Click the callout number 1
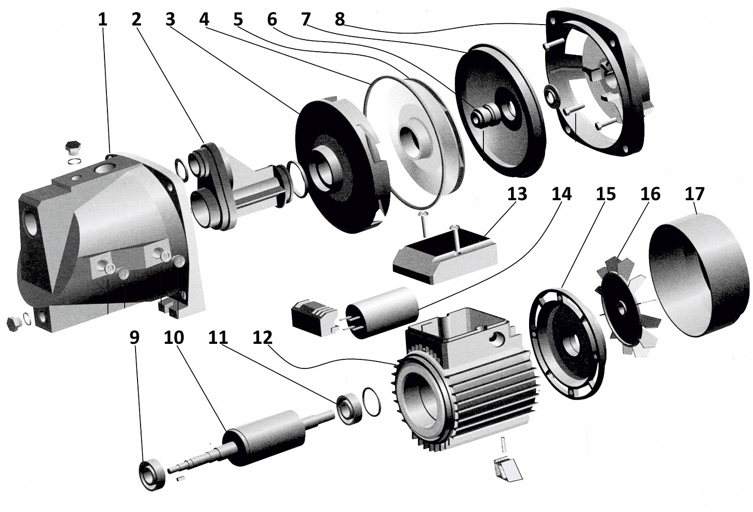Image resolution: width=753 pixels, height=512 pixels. tap(102, 20)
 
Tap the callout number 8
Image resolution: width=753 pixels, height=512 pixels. tap(340, 20)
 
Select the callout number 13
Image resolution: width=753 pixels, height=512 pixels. tap(517, 194)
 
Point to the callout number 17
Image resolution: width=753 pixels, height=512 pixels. tap(695, 194)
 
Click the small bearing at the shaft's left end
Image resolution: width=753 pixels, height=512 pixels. tap(152, 474)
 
